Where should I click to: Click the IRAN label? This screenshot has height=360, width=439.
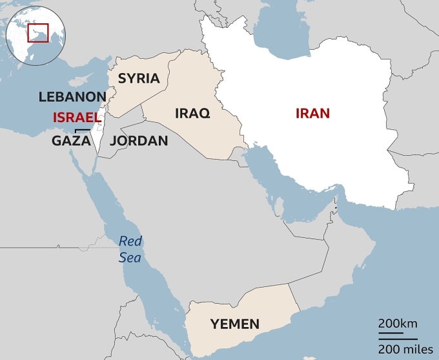312,113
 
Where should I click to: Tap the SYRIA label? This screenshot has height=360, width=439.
138,78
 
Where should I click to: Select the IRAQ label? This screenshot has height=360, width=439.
192,113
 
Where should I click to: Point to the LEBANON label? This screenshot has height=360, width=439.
72,97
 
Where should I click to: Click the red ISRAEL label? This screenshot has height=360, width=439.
77,118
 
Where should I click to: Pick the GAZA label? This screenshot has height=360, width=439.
71,140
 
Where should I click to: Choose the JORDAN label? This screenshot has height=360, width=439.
139,140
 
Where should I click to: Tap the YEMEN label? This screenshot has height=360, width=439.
234,324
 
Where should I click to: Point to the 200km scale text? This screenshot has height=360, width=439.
398,323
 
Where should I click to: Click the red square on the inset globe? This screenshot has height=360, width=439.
37,32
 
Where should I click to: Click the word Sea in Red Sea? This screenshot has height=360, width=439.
129,257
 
